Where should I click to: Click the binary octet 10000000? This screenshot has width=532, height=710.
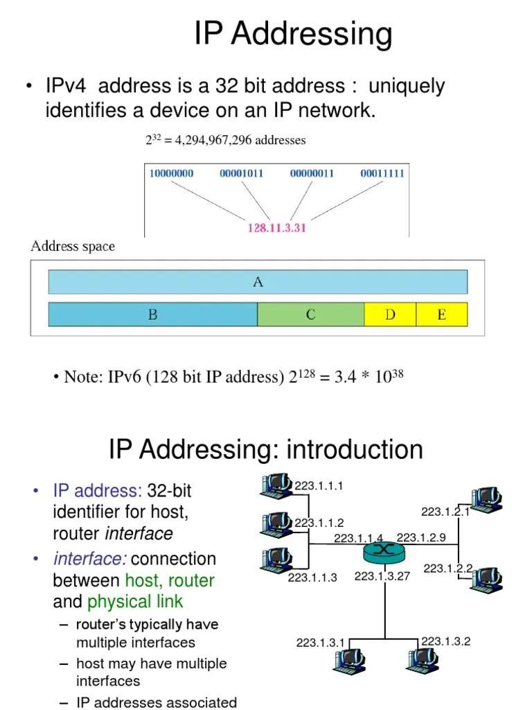point(171,173)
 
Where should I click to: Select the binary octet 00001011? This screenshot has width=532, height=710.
point(241,173)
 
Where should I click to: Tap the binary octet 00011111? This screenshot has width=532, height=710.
point(382,173)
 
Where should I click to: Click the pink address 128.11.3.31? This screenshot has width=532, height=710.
point(276,227)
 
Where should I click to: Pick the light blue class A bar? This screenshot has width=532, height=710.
point(258,282)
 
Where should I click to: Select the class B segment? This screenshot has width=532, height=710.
point(152,315)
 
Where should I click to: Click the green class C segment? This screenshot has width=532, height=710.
point(310,315)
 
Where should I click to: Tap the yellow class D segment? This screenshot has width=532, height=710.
point(390,315)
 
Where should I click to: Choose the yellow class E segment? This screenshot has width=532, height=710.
point(442,315)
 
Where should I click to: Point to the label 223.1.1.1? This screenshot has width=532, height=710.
point(319,486)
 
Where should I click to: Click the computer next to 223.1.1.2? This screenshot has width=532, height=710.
point(277,523)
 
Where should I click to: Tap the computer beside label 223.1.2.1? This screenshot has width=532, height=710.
point(486,499)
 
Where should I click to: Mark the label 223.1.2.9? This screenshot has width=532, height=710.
point(421,538)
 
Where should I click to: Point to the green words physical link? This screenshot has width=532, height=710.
point(135,602)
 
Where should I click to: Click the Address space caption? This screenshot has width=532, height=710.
point(73,247)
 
